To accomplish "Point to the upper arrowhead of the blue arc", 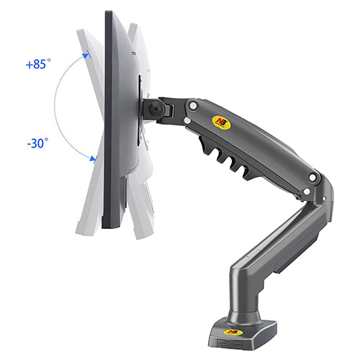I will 86,53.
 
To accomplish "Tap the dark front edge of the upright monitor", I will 109,122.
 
